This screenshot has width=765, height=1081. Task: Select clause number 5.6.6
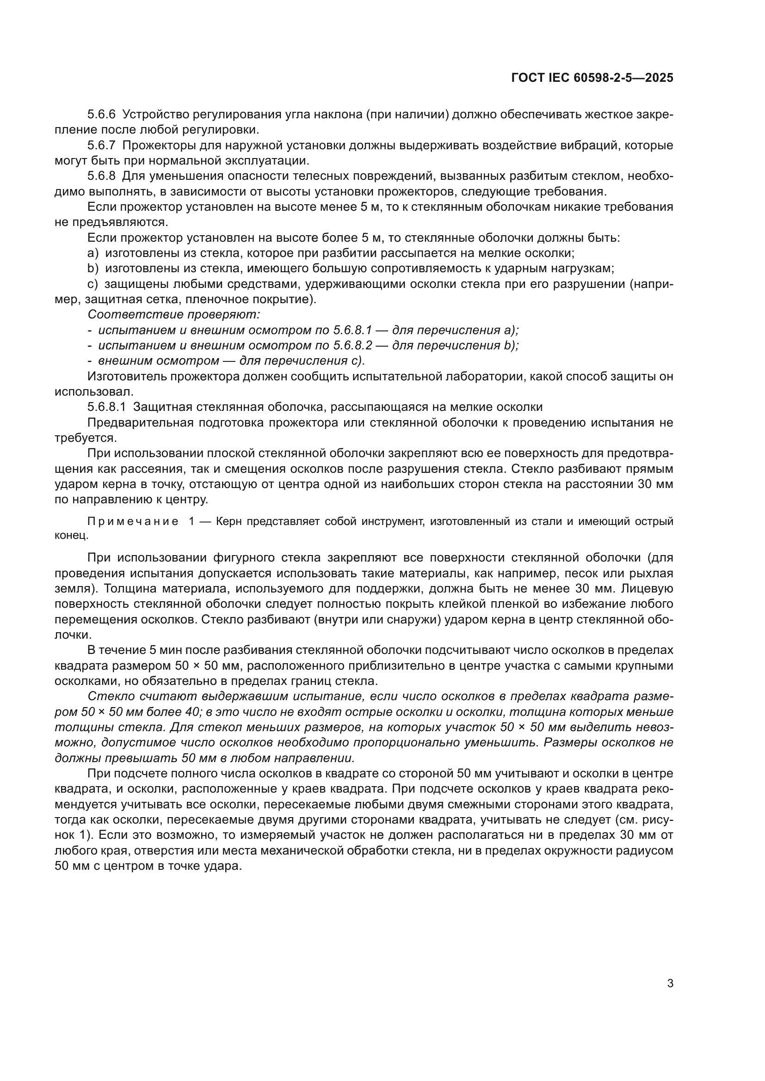[101, 115]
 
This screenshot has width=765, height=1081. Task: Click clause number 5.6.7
[101, 145]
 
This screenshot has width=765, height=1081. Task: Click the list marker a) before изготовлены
[93, 253]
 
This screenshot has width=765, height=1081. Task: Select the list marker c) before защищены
[93, 284]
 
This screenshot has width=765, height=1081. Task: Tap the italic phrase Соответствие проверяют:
[174, 314]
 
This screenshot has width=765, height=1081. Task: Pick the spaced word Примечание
[133, 521]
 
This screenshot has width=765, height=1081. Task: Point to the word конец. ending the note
[71, 535]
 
